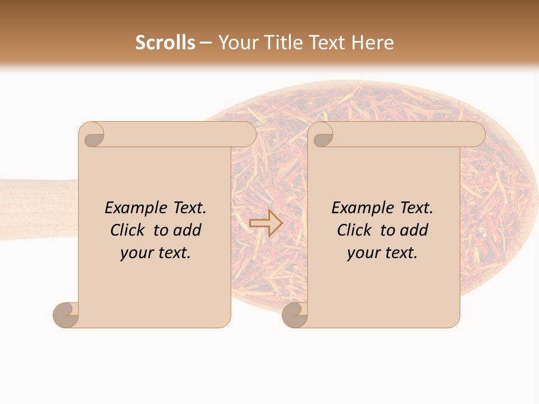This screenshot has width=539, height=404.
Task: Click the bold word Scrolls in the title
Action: [x=165, y=43]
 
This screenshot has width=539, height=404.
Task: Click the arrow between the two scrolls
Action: [x=266, y=223]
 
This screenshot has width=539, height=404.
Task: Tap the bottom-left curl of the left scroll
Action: [x=66, y=315]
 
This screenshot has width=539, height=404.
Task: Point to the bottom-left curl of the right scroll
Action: [x=295, y=315]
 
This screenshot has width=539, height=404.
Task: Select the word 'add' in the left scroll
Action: [x=188, y=231]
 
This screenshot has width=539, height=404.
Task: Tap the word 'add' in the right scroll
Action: [x=414, y=231]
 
